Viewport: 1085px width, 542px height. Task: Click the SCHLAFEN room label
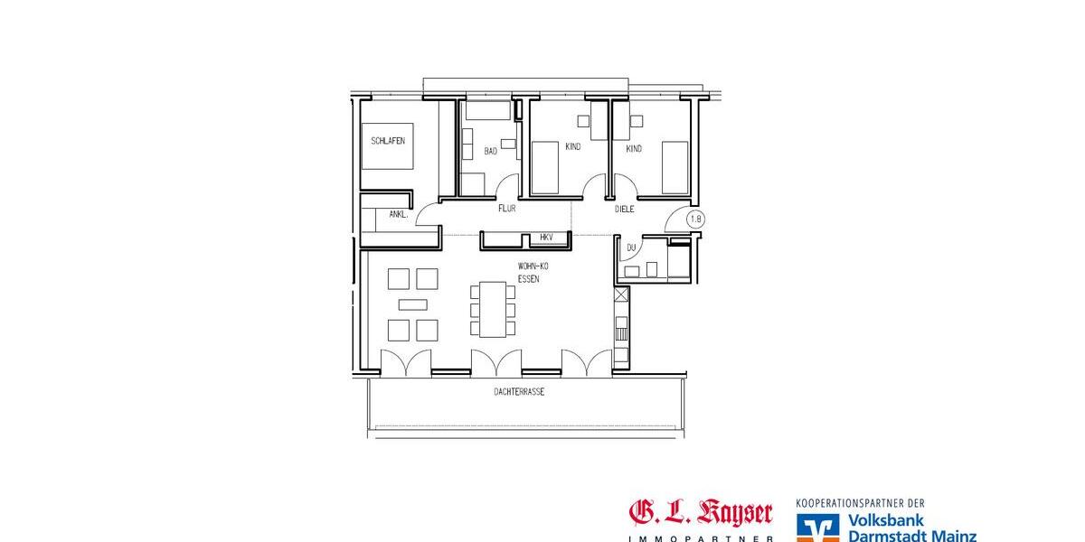(388, 142)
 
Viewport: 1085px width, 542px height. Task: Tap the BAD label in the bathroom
(490, 151)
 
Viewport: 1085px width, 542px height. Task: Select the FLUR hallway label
(506, 209)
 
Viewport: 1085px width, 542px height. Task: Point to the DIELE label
(625, 209)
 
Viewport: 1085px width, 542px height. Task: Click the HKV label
(545, 238)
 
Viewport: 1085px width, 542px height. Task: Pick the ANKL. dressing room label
(398, 215)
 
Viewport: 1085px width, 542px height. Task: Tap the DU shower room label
(631, 247)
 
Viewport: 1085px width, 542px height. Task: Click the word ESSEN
(529, 280)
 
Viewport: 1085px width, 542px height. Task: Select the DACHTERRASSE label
(519, 392)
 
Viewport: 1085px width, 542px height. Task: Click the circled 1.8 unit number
(695, 219)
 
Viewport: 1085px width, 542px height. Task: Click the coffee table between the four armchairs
(412, 304)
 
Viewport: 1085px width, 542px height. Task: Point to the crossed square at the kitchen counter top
(621, 295)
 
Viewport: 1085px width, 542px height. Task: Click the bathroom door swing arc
(508, 186)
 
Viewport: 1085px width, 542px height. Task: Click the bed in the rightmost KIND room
(675, 167)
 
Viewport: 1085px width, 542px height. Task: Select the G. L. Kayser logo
(701, 516)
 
